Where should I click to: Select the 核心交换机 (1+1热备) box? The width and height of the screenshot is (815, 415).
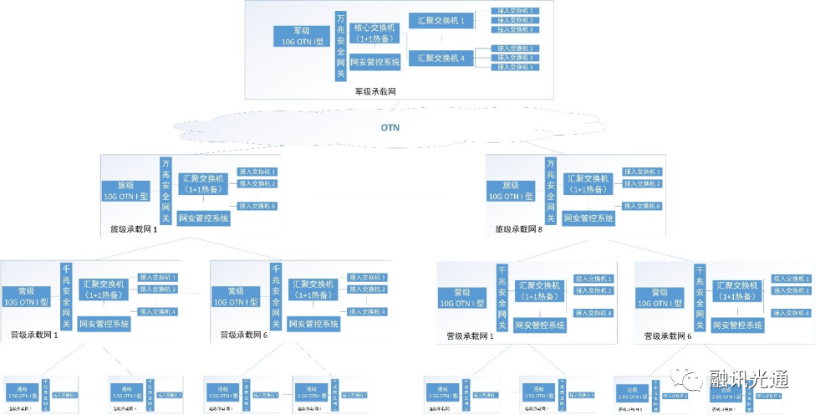(x=376, y=33)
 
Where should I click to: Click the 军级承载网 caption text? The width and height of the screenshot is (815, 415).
(x=374, y=91)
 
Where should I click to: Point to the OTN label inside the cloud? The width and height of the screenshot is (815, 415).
(x=391, y=128)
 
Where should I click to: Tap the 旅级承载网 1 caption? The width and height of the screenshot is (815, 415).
(x=134, y=228)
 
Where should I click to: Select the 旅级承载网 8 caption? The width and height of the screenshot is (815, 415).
(x=519, y=228)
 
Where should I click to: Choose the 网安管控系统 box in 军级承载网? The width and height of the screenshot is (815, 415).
(x=375, y=62)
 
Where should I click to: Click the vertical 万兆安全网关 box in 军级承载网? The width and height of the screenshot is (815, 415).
(x=340, y=46)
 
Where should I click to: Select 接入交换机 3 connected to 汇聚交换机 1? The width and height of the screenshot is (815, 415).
(x=516, y=29)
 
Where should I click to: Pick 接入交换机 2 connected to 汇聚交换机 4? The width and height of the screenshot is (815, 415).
(x=516, y=58)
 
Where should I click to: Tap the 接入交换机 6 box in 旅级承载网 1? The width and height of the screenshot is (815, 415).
(x=257, y=206)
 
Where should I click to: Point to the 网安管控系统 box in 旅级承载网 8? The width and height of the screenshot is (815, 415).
(x=588, y=218)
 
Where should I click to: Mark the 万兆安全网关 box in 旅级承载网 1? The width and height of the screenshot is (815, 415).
(x=166, y=190)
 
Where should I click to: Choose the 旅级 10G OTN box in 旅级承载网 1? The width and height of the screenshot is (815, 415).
(x=126, y=192)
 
